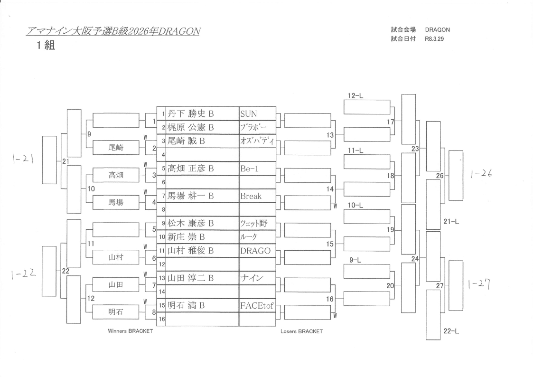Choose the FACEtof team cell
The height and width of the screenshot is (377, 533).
coord(257,306)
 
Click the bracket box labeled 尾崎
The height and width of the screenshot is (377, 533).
coord(116,148)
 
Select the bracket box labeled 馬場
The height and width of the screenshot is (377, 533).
coord(116,202)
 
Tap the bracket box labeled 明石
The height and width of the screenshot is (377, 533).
coord(116,312)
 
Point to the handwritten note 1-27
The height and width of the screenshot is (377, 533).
coord(478,284)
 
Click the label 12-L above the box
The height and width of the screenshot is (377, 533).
coord(355,96)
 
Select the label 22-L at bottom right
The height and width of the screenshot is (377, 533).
coord(450,331)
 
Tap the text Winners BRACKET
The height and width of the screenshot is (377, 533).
coord(131,331)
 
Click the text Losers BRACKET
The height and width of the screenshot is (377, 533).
coord(301,331)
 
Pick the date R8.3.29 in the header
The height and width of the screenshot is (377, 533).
coord(434,39)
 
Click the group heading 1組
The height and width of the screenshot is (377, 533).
coord(44,47)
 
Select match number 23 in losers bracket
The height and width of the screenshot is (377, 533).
coord(415,149)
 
